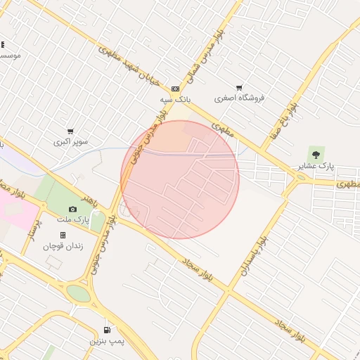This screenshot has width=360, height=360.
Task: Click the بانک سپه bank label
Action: (175, 100)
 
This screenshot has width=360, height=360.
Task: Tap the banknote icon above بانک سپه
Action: (175, 89)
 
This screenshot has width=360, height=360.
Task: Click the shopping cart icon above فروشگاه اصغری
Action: (239, 88)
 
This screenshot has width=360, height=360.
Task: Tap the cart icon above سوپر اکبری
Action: (70, 131)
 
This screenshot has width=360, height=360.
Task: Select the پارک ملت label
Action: (72, 221)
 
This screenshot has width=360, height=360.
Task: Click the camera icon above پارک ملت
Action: (72, 210)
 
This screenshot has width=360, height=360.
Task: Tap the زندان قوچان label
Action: (63, 246)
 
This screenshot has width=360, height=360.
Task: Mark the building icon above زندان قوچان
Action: (63, 235)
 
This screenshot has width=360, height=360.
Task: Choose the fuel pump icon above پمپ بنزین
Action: (107, 330)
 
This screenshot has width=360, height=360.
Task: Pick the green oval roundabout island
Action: (79, 293)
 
